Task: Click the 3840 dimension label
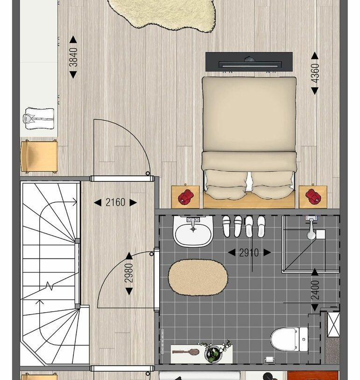click(73, 57)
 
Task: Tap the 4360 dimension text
click(315, 73)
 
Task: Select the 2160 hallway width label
click(115, 202)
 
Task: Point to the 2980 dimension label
click(129, 273)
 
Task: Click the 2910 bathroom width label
click(249, 253)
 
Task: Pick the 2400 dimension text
click(315, 290)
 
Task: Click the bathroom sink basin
click(193, 231)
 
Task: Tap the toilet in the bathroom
click(289, 339)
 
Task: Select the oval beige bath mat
click(198, 278)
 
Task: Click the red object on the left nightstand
click(186, 196)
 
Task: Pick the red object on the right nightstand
click(313, 196)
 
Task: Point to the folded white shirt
click(39, 119)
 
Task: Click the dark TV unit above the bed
click(249, 62)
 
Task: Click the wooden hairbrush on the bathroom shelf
click(186, 351)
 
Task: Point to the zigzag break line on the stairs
click(49, 286)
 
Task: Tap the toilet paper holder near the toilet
click(269, 359)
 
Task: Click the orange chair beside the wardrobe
click(39, 156)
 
